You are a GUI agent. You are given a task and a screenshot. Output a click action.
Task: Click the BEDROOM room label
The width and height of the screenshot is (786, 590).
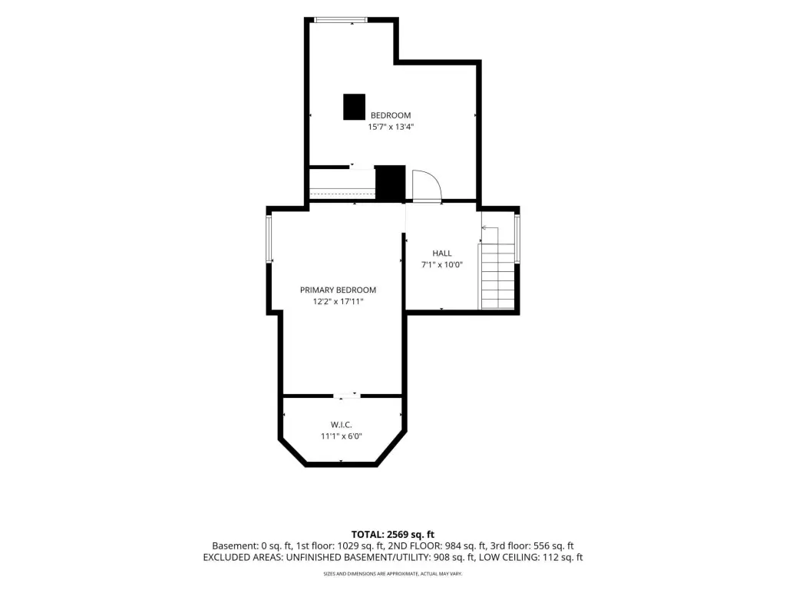point(391,115)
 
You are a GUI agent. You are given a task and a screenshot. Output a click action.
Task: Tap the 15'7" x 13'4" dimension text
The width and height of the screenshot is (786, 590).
point(391,127)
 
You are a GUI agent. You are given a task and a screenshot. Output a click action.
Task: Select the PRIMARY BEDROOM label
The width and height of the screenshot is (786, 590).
point(338,290)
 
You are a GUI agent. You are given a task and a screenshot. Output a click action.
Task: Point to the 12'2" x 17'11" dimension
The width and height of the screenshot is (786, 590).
point(338,301)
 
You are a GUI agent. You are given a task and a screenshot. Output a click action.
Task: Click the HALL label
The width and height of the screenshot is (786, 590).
point(442,254)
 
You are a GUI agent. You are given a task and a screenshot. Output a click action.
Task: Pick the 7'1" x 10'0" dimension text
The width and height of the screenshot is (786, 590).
point(441,265)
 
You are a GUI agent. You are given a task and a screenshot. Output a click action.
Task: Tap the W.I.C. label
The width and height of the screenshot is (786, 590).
point(341,425)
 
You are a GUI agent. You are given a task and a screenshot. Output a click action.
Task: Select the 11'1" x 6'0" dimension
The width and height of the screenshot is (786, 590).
point(341,436)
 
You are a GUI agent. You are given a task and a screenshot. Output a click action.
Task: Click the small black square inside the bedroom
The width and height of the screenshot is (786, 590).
point(354,107)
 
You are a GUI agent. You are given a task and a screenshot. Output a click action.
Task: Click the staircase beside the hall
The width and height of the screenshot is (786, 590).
point(497,277)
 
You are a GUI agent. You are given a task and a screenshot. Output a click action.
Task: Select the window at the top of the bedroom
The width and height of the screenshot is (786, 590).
point(341,20)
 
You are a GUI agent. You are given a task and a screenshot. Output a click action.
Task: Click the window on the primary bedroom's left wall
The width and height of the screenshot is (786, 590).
point(269,239)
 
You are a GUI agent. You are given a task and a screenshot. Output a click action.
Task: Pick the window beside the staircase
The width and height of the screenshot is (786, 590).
point(517,239)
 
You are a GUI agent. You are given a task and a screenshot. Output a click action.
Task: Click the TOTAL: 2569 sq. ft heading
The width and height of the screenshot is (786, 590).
point(392,535)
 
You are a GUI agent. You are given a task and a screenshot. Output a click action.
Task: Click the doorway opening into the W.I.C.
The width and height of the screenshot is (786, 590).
point(347,396)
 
